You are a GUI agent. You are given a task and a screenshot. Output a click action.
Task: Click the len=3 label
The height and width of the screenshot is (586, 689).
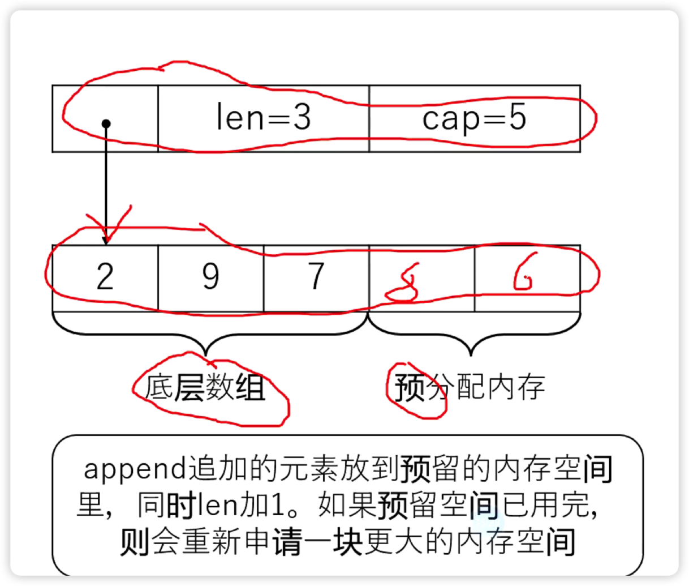tap(264, 118)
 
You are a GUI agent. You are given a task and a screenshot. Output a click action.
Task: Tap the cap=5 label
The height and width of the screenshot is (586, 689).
tap(474, 118)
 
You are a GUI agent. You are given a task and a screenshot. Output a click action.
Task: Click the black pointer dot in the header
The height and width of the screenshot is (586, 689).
tap(106, 123)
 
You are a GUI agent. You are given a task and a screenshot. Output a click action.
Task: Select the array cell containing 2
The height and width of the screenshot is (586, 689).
tap(105, 277)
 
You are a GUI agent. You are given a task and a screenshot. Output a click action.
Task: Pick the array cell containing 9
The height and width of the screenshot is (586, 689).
tap(210, 277)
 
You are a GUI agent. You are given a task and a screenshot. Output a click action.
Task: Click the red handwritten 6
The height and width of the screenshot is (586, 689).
tap(523, 277)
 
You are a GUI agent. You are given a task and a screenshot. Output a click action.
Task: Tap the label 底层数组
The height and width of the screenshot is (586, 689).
tap(205, 389)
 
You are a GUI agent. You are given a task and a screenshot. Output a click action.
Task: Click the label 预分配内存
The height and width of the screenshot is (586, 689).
tap(470, 388)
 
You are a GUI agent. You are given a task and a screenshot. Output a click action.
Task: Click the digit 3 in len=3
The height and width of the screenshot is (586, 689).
tap(302, 118)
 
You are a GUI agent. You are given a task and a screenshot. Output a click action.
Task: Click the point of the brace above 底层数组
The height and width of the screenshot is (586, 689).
tap(207, 354)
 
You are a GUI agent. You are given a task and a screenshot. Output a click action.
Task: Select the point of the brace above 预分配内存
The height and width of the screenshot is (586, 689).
tap(471, 354)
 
